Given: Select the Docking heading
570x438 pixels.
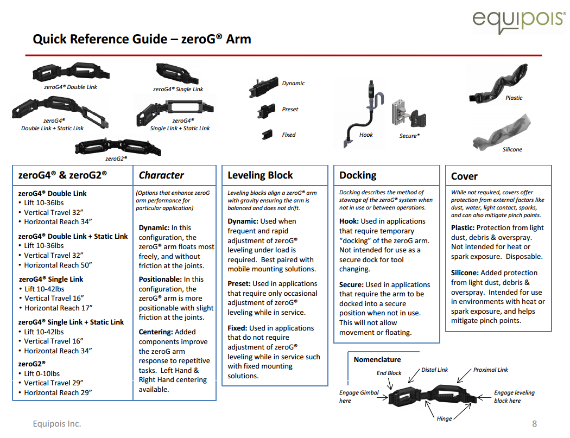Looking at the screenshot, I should point(358,175).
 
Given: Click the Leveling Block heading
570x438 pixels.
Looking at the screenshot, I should point(260,175).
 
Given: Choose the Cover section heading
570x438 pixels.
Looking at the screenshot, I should point(464,176).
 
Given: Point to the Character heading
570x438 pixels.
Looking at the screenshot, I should point(161,175).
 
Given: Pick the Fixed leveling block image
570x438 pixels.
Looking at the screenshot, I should point(267,134).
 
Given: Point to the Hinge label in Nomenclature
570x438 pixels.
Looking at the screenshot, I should point(444,419).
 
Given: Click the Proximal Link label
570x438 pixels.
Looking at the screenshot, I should point(490,370).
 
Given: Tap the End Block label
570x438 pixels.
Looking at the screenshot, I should point(389,373).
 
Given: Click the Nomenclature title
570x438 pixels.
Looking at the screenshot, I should point(377,359).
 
